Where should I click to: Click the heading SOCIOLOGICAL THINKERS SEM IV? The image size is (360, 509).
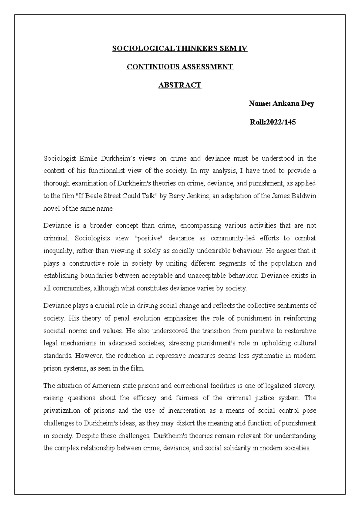tap(180, 49)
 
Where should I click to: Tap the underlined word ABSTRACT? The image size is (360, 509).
tap(180, 85)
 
